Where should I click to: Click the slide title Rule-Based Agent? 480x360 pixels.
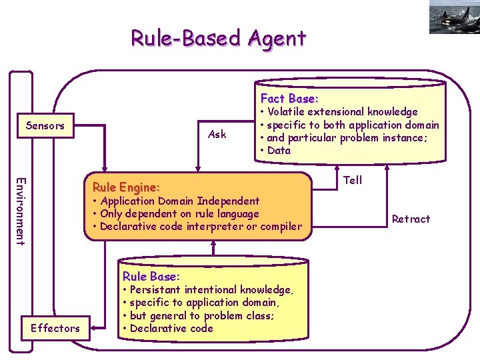(x=218, y=38)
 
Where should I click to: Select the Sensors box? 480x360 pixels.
(x=45, y=125)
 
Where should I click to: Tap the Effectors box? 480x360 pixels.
(x=55, y=327)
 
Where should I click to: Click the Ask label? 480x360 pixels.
(x=217, y=134)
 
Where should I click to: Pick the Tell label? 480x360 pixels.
(x=353, y=180)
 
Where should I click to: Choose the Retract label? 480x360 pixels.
(x=411, y=219)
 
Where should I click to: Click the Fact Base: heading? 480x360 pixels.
(x=289, y=98)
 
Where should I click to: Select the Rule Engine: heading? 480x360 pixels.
(x=126, y=187)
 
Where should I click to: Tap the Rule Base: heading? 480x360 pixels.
(x=149, y=276)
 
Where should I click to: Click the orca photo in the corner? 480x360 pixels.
(x=455, y=17)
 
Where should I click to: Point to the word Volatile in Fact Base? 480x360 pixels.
(x=286, y=112)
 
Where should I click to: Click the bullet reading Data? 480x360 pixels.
(x=278, y=150)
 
